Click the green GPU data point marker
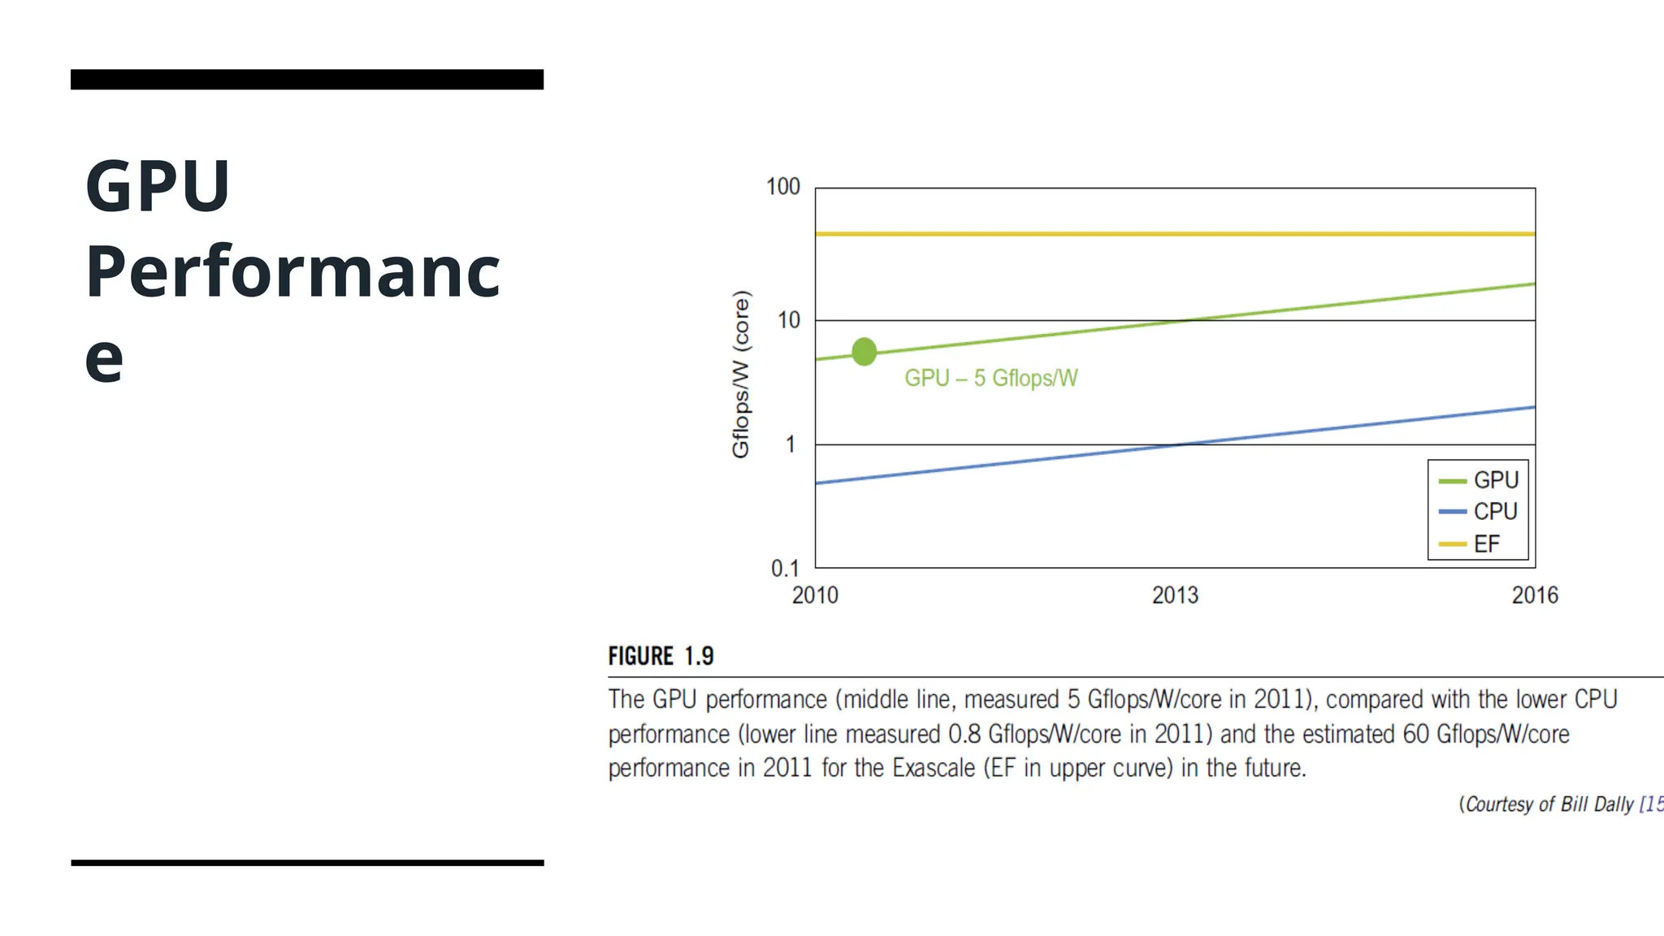[864, 352]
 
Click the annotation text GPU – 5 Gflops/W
[990, 379]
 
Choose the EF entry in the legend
[1486, 544]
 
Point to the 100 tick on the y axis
[782, 187]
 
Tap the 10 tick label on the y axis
[788, 321]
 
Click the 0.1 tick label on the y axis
[784, 569]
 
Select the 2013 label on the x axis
[1174, 596]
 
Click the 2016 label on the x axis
[1534, 596]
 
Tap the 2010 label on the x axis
[814, 596]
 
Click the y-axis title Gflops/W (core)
[740, 375]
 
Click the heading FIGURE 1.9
[661, 656]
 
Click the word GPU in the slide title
[158, 186]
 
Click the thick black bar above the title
[307, 80]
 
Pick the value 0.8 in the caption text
[964, 734]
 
